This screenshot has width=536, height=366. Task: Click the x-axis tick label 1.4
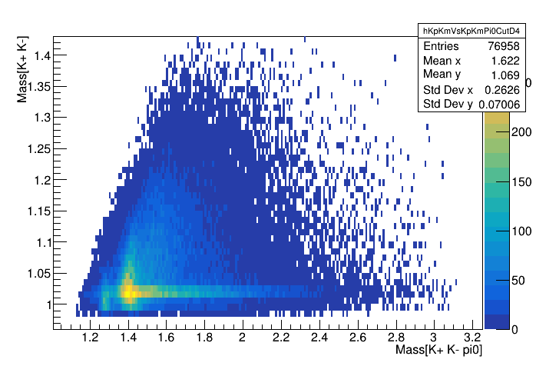click(x=129, y=337)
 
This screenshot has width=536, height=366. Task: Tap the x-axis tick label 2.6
click(x=358, y=337)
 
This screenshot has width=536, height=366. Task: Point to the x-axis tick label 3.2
click(x=472, y=337)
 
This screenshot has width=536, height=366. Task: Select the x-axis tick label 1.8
click(x=205, y=337)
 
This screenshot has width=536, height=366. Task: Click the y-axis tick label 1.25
click(x=37, y=148)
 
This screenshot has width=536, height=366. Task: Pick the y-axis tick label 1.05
click(x=37, y=273)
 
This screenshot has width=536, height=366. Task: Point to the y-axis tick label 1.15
click(x=37, y=211)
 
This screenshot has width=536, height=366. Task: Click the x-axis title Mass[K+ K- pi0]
click(x=438, y=351)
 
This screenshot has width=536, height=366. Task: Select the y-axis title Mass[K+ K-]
click(x=24, y=70)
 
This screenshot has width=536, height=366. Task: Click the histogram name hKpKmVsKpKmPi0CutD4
click(x=471, y=31)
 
